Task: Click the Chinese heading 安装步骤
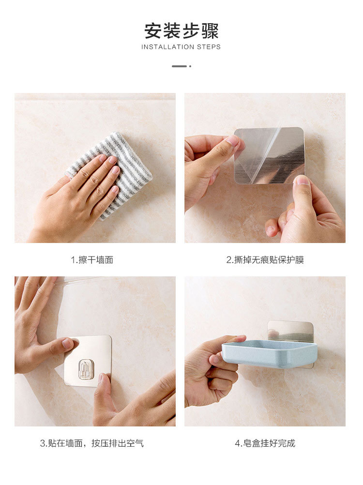point(181,30)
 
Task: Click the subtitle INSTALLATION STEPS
point(181,47)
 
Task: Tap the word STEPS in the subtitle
point(209,47)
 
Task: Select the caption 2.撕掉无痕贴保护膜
point(265,260)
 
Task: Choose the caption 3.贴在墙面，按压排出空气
point(92,443)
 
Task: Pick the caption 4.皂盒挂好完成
point(265,443)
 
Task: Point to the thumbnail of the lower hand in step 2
point(302,181)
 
